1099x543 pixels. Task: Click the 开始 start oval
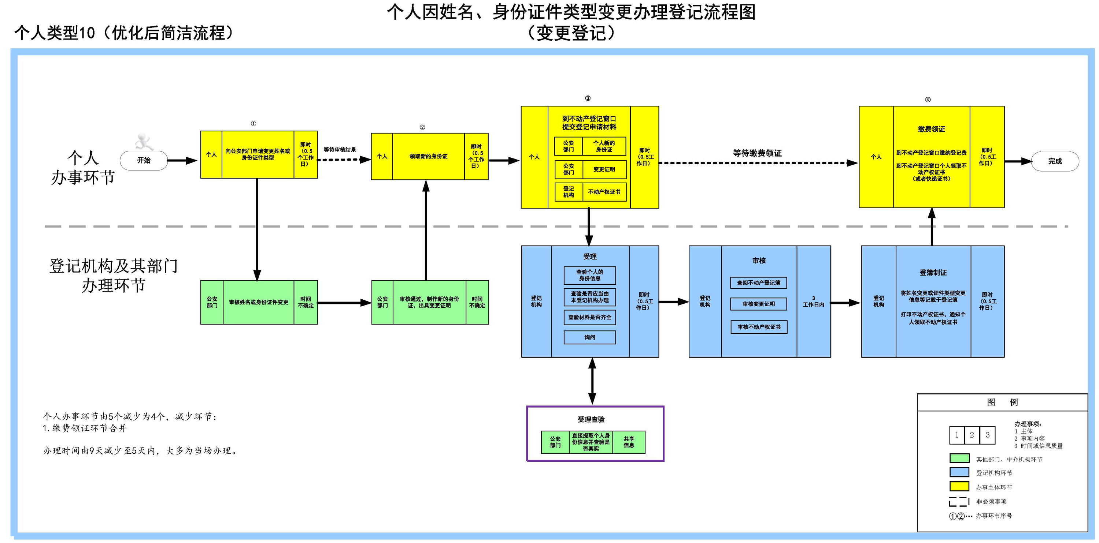tap(144, 160)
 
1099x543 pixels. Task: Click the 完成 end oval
tap(1055, 161)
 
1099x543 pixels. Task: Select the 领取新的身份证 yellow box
tap(428, 156)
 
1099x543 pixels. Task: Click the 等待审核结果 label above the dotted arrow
tap(340, 150)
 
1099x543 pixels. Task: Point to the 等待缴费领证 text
tap(757, 153)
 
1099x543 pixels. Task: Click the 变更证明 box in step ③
tap(604, 169)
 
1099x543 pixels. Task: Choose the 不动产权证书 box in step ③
tap(604, 192)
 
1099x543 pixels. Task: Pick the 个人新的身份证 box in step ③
tap(604, 146)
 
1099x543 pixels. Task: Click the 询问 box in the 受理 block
tap(589, 337)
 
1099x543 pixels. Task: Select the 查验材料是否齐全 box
tap(589, 317)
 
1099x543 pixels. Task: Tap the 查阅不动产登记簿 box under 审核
tap(759, 282)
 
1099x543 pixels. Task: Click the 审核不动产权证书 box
tap(759, 327)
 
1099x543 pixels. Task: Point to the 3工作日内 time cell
tap(813, 302)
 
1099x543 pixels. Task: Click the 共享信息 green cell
tap(628, 442)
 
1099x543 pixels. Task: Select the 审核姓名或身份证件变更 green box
tap(259, 302)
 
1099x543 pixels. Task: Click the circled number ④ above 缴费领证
tap(928, 100)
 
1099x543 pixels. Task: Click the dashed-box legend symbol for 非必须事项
tap(959, 501)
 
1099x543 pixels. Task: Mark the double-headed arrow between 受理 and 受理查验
tap(592, 381)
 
